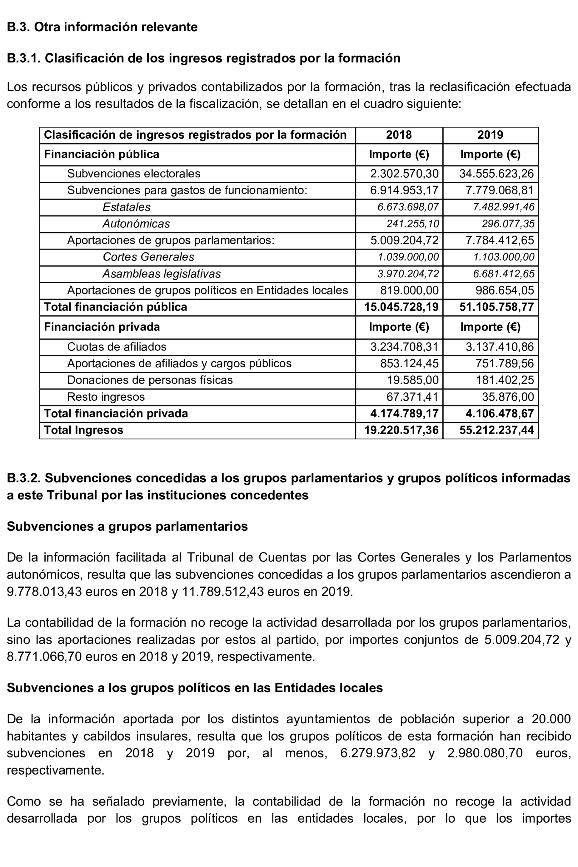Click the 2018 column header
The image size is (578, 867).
399,135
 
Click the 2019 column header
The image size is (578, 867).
490,135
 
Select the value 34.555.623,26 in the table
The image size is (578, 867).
496,174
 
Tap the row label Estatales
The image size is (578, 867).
127,207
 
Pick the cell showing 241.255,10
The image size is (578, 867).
412,224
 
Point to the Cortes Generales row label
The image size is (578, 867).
148,257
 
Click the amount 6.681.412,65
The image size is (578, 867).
504,274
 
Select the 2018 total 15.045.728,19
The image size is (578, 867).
401,307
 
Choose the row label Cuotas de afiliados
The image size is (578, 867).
117,347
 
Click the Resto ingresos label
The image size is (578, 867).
106,397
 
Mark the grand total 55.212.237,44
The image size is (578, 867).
496,430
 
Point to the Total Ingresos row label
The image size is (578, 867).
84,430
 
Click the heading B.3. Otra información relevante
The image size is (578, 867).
102,27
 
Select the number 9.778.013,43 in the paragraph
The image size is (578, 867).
44,592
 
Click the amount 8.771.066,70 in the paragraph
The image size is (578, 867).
44,656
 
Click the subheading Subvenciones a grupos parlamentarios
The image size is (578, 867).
127,526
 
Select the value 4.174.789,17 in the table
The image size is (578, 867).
404,414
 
